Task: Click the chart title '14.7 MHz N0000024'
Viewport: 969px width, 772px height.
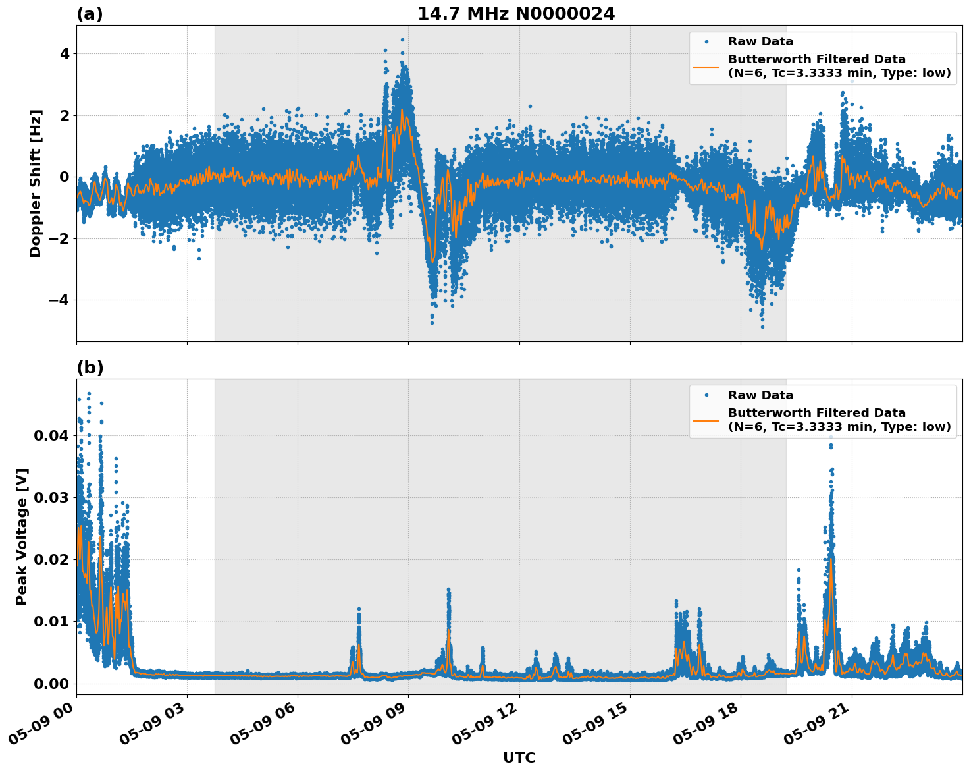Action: click(516, 14)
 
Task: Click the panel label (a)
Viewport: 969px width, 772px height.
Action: click(90, 14)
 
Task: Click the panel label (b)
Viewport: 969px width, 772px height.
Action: click(90, 368)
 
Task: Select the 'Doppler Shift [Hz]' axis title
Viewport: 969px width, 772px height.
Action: click(36, 183)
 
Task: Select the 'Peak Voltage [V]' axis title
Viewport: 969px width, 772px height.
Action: click(22, 536)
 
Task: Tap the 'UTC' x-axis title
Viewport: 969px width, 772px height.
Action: click(519, 758)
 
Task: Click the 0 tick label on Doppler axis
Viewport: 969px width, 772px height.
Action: click(65, 177)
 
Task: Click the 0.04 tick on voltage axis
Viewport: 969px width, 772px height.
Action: click(51, 436)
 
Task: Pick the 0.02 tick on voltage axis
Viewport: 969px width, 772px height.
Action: click(51, 560)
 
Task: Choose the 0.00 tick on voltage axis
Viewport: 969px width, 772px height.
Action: click(51, 684)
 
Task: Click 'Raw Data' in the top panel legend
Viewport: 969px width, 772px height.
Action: click(760, 42)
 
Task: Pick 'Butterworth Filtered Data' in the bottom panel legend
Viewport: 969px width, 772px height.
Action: click(816, 413)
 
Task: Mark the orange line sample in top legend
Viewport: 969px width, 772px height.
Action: click(706, 67)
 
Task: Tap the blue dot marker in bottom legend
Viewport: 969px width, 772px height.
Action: click(706, 395)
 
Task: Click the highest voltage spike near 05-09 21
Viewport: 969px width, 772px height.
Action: click(831, 437)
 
